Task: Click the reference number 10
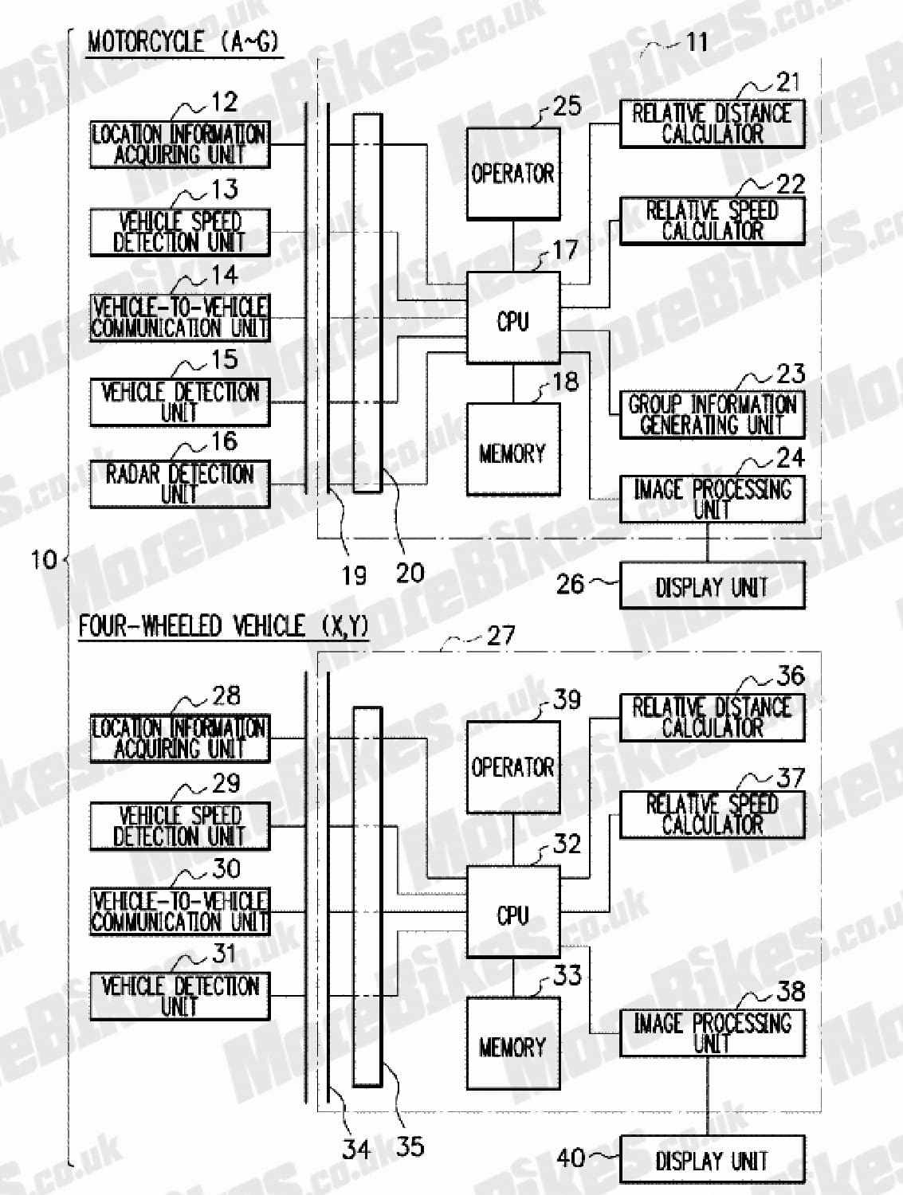coord(44,560)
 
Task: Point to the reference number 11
coord(697,42)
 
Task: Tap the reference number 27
coord(501,635)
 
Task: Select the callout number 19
coord(354,575)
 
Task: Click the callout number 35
coord(410,1146)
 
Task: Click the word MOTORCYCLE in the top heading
coord(145,42)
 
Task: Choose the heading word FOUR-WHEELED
coord(151,626)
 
